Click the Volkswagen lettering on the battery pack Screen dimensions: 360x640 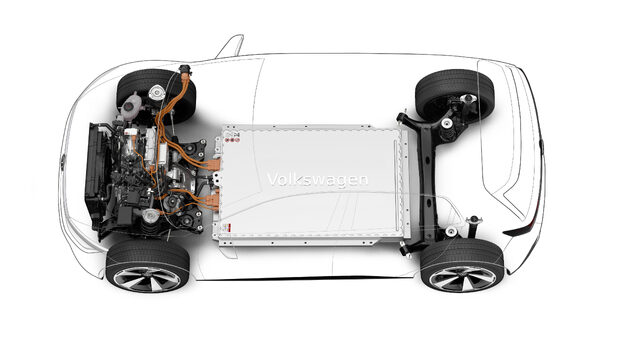coord(317,180)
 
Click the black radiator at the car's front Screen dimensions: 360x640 coord(97,175)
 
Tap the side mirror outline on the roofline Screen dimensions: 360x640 coord(229,46)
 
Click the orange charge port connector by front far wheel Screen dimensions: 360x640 coord(186,72)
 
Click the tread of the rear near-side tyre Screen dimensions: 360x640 coord(460,250)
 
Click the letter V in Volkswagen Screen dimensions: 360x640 coord(272,180)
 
